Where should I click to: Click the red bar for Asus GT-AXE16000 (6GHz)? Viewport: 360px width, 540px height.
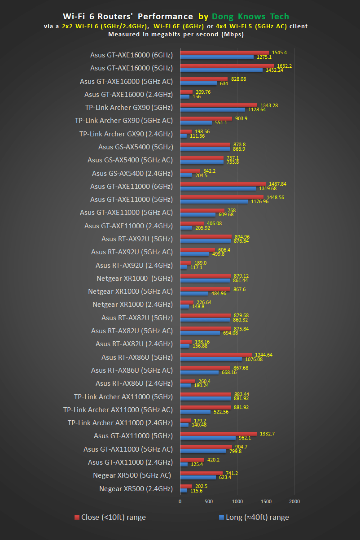coord(224,53)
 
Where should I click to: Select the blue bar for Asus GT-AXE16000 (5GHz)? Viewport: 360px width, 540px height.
coord(221,70)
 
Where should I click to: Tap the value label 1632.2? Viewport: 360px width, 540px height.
coord(285,66)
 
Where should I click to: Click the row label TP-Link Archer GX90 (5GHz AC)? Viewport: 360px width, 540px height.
coord(123,121)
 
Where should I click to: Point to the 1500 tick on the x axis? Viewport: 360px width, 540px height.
coord(266,501)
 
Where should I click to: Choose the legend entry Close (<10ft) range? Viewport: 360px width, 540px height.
coord(110,517)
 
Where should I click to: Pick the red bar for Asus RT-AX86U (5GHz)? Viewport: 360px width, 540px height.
coord(216,355)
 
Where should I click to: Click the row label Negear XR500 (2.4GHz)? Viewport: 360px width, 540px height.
coord(136,488)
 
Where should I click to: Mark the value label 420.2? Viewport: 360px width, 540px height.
coord(213,460)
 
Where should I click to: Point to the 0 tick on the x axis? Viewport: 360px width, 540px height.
coord(180,501)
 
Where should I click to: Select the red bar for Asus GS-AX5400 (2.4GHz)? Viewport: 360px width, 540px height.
coord(190,171)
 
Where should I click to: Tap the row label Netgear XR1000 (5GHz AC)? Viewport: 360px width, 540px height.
coord(130,292)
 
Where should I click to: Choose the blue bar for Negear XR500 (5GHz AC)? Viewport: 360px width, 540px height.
coord(198,477)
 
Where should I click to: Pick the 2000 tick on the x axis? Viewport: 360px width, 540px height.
coord(294,501)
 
